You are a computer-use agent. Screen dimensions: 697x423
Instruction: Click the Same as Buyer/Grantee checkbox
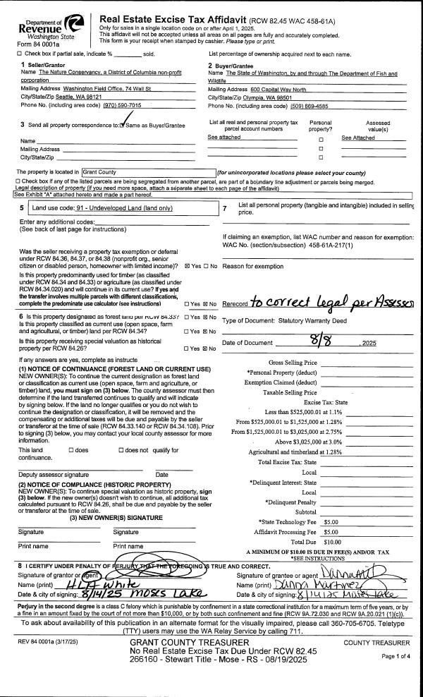pos(122,125)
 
